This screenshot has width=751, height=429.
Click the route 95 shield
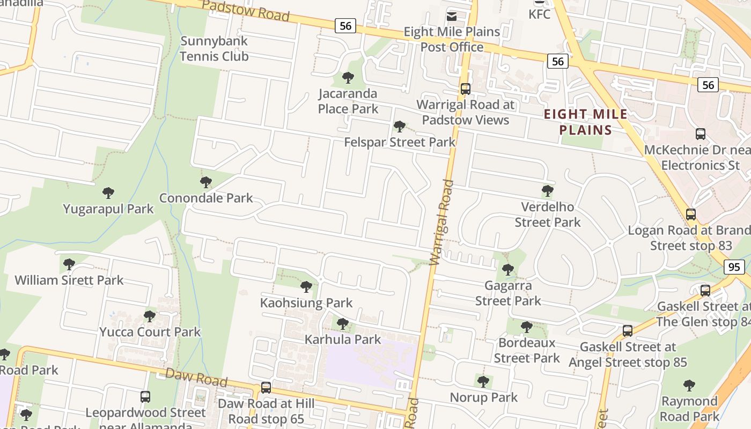tap(735, 267)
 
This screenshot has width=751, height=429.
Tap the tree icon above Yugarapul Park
tap(108, 193)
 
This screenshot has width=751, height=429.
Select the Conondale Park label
tap(206, 198)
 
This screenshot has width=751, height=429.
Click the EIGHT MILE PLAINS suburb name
tap(586, 122)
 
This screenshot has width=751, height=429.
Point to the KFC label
tap(540, 14)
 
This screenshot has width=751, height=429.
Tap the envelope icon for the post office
tap(452, 16)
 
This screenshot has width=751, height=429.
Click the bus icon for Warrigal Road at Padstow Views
tap(465, 89)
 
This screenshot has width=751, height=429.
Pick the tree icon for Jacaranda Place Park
tap(348, 78)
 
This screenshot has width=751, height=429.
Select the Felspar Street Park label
tap(400, 142)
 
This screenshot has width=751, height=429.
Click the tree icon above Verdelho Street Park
tap(547, 190)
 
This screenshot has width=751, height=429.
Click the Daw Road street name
tap(196, 377)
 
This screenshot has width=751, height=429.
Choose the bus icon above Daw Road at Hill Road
tap(266, 387)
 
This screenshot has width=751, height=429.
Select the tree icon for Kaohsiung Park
tap(306, 287)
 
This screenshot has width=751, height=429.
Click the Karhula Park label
tap(343, 339)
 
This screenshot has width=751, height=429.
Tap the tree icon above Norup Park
tap(483, 381)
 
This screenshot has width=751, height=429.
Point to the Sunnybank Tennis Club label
tap(214, 48)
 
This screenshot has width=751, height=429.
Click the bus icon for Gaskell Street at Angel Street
tap(628, 331)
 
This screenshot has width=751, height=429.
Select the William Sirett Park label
tap(69, 280)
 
